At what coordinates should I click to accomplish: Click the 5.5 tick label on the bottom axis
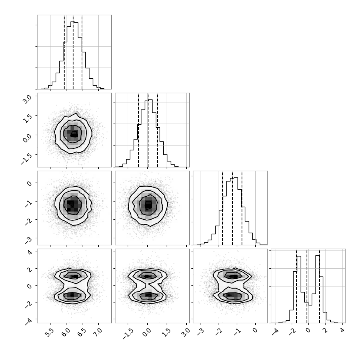tap(49, 333)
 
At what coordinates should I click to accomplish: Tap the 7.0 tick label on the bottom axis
tap(98, 333)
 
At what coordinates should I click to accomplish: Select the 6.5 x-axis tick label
tap(82, 333)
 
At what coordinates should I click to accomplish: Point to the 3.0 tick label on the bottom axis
tap(186, 333)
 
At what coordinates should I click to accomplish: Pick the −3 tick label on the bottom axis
tap(200, 332)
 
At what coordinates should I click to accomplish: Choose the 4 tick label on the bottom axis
tap(342, 330)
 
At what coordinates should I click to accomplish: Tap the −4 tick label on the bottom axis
tap(275, 332)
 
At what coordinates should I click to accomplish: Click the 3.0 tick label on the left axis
tap(27, 99)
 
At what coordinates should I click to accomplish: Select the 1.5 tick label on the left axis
tap(27, 119)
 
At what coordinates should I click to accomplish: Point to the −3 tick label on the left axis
tap(29, 240)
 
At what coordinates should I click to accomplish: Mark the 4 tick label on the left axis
tap(30, 252)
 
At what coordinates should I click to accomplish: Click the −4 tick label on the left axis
tap(29, 321)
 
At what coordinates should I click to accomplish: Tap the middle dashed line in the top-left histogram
tap(73, 52)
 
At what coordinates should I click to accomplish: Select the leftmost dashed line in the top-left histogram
tap(64, 52)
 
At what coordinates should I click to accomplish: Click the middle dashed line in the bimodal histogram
tap(307, 286)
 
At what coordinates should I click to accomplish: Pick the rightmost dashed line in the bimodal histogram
tap(320, 286)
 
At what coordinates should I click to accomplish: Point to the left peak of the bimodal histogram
tap(298, 256)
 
